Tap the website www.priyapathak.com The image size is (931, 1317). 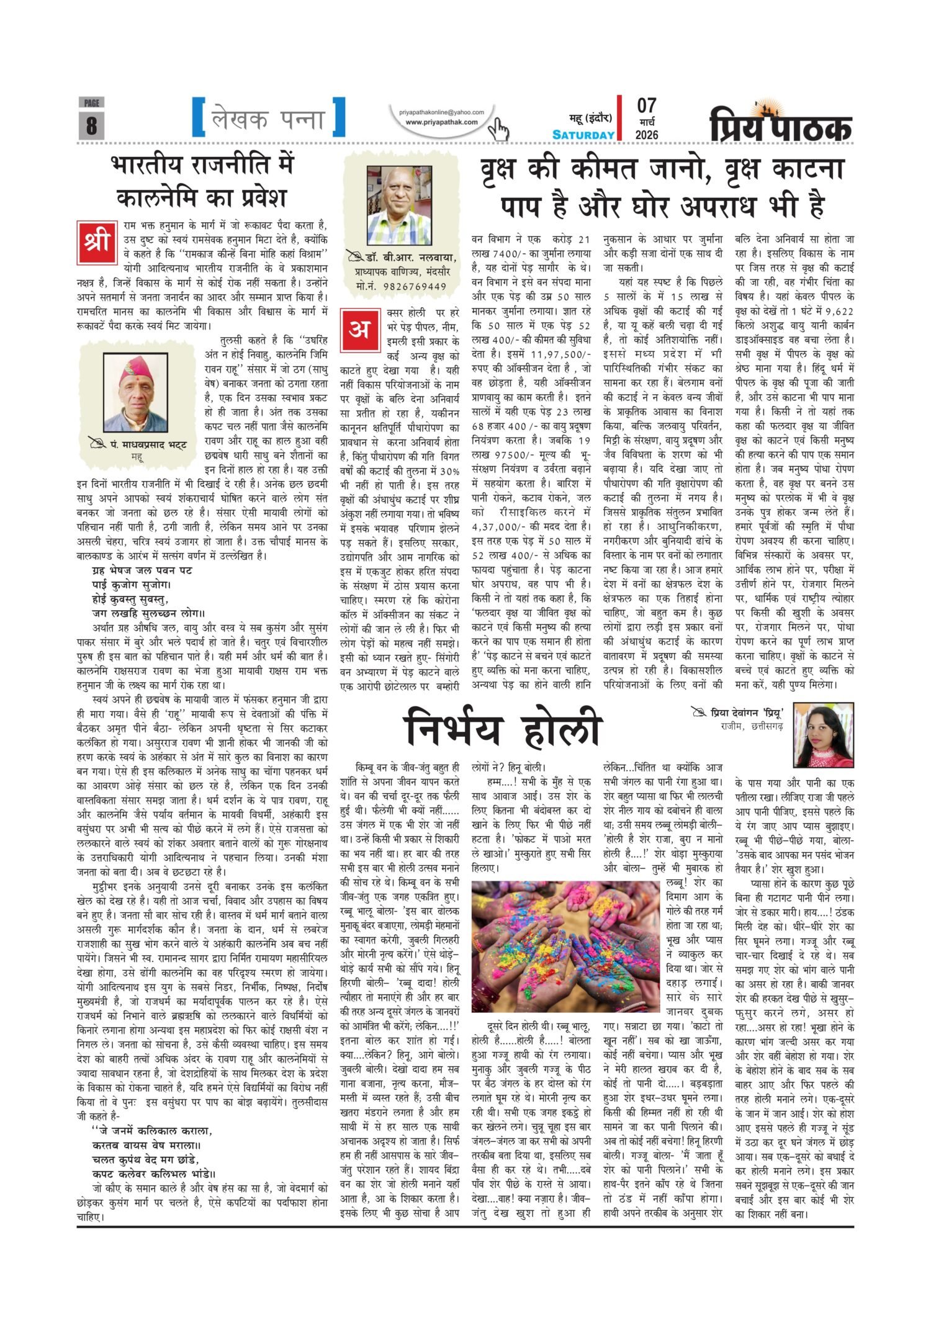(441, 122)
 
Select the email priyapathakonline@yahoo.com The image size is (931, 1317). (441, 112)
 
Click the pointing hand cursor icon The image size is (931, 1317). (498, 130)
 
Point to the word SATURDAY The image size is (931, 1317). (583, 135)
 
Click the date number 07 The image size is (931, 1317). (646, 106)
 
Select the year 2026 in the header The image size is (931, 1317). (647, 135)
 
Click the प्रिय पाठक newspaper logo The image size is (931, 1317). (781, 124)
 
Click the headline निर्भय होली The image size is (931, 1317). (503, 730)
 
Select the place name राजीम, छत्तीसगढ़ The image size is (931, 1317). (752, 726)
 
